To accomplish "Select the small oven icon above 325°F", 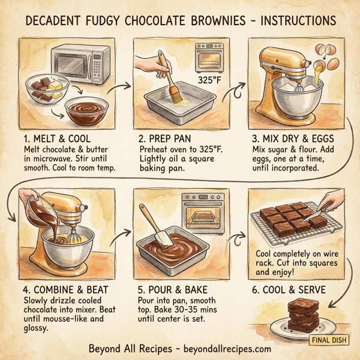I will [209, 58].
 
